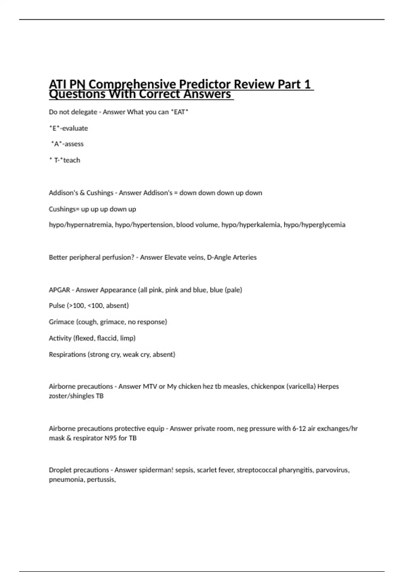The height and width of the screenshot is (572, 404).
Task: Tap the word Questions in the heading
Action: [77, 94]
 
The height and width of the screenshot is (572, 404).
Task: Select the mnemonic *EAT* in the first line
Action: [180, 112]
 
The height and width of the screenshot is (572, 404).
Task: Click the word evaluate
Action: [75, 128]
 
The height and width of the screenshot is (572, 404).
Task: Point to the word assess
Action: [74, 144]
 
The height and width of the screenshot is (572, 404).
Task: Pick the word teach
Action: [72, 160]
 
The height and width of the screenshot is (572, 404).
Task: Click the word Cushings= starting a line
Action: [64, 209]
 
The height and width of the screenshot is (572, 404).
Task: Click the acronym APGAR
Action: [60, 290]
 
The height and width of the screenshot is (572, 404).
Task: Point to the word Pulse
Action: [57, 306]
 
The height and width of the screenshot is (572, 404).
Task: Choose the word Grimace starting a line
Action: [62, 322]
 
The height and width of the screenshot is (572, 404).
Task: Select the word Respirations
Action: [67, 354]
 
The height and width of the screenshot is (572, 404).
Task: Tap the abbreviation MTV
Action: [150, 387]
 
